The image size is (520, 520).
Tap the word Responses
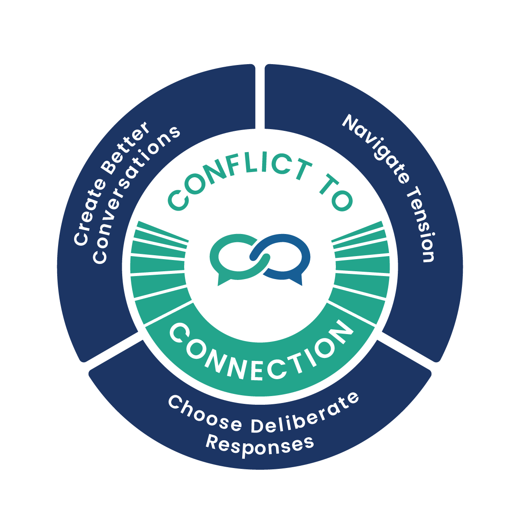pyautogui.click(x=259, y=444)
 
